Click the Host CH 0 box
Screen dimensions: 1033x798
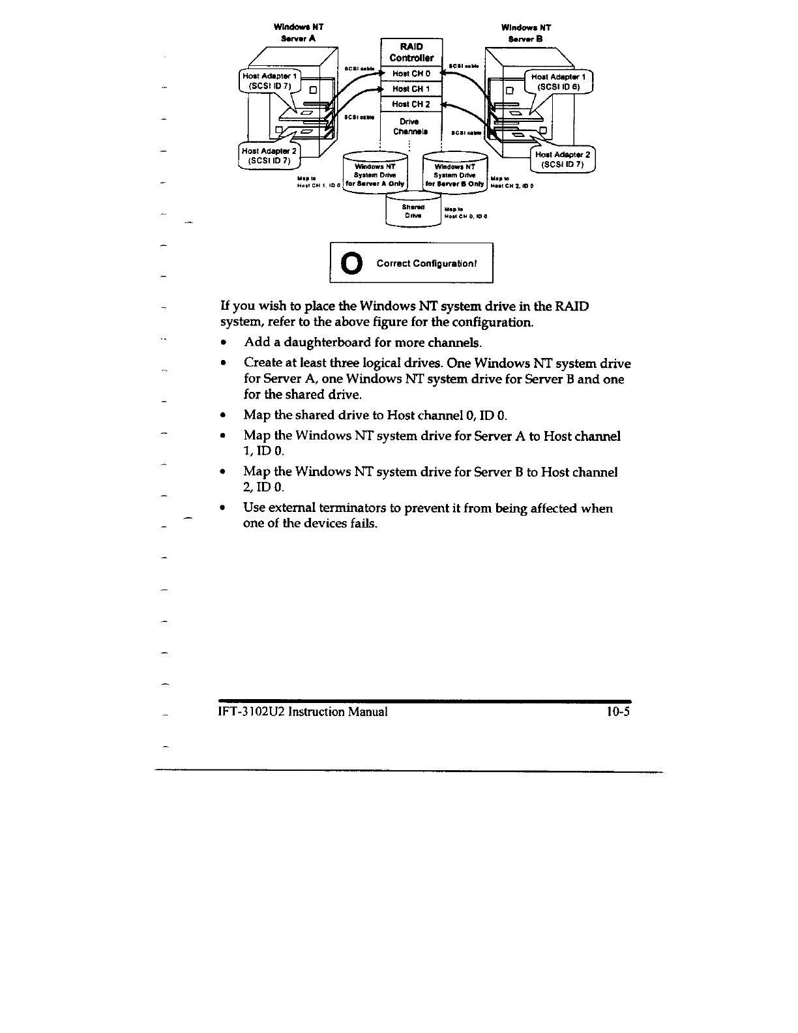click(x=411, y=74)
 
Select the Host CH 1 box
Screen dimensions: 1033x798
click(x=411, y=89)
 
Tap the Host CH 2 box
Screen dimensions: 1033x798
click(x=411, y=104)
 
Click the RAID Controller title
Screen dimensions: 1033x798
click(x=411, y=52)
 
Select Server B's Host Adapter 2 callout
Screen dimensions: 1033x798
click(x=562, y=160)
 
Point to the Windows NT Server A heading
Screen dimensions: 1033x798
click(x=299, y=33)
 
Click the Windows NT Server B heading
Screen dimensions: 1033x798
click(x=526, y=33)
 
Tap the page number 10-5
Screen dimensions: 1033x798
click(x=617, y=711)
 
